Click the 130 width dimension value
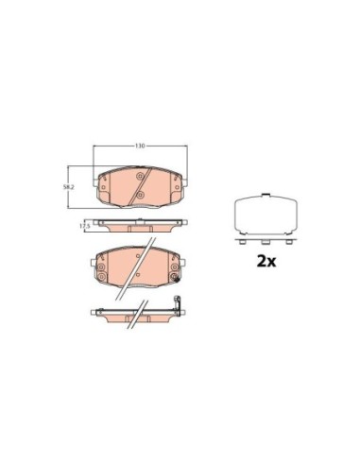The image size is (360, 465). click(140, 147)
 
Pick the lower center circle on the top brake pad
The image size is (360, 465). click(140, 196)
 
